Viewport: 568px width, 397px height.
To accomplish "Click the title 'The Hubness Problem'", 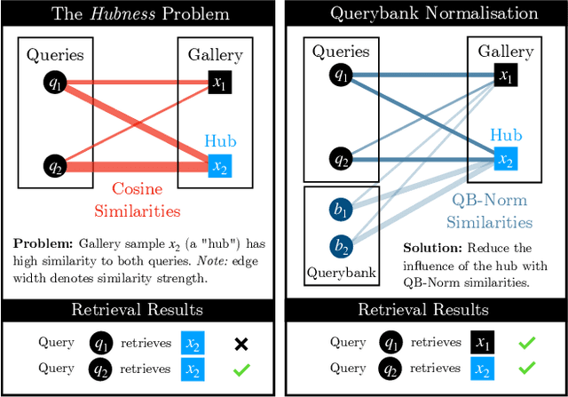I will tap(140, 13).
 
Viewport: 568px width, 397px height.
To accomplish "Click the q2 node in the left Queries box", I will tap(54, 165).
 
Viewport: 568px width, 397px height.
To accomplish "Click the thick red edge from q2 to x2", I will tap(133, 166).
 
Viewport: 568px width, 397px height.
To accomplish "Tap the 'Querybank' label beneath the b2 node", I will tap(341, 273).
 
